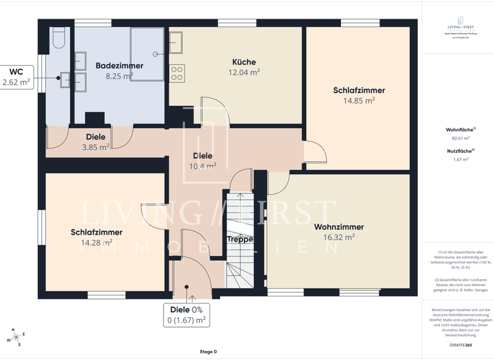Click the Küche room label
244,62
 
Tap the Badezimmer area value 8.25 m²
119,76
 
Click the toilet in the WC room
59,39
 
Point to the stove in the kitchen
177,73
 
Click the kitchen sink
176,42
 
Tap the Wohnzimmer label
339,227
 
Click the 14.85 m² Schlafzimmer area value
359,101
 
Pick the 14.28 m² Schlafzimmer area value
96,243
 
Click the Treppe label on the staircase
239,239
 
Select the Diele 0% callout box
187,315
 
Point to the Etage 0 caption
208,352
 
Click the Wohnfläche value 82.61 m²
460,138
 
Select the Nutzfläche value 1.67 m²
460,159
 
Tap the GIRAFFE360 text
460,345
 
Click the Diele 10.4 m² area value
203,166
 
